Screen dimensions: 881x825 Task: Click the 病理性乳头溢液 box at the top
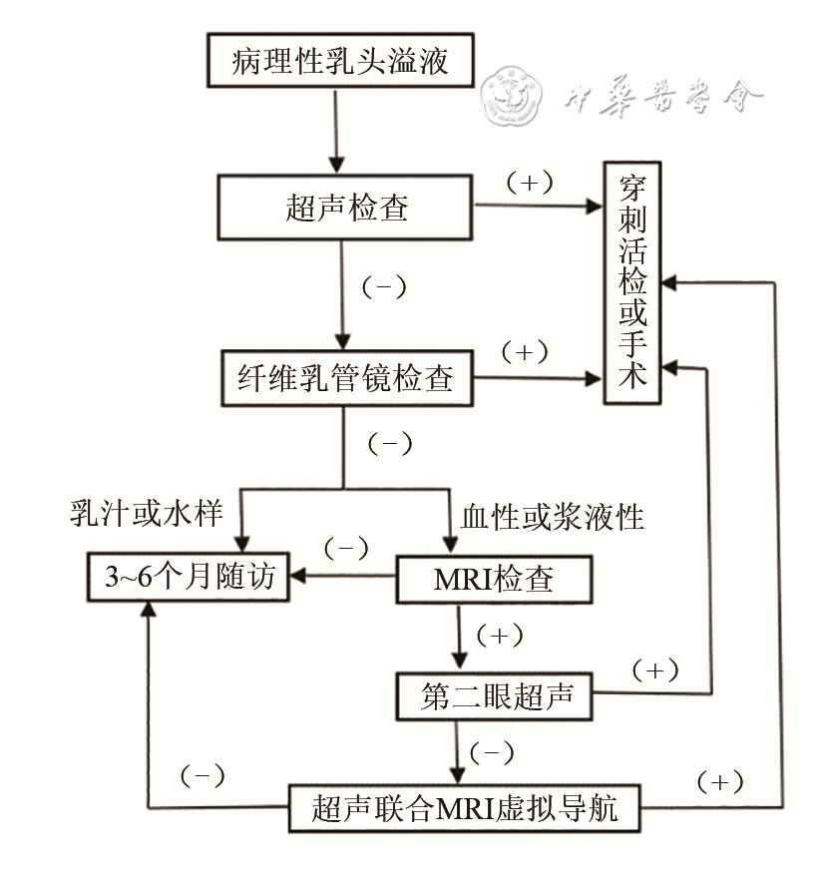point(338,61)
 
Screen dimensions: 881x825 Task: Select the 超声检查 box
point(345,209)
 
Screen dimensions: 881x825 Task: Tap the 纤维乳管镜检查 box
point(345,378)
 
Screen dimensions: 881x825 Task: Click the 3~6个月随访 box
point(187,577)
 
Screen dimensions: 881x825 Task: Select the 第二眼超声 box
point(493,696)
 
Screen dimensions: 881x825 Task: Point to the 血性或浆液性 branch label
point(552,515)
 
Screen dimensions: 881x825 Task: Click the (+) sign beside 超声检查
point(530,183)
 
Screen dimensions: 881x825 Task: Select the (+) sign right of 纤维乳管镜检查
point(525,352)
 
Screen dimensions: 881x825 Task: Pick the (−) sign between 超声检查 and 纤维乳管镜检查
point(382,287)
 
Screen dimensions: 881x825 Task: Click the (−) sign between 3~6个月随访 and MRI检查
point(345,548)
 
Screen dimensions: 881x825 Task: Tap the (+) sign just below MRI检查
point(500,635)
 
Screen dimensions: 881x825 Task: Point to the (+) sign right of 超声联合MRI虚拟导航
point(719,781)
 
